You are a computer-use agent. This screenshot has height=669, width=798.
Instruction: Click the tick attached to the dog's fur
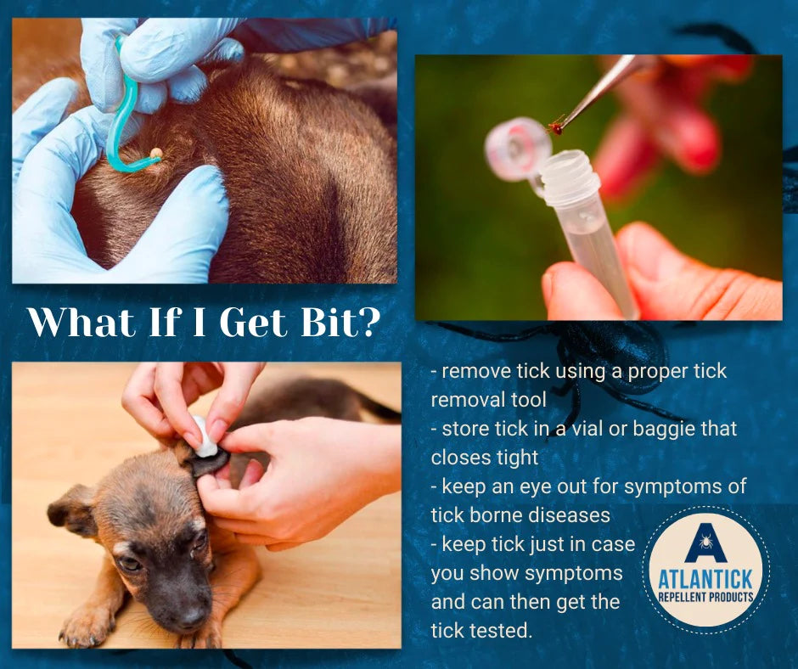pyautogui.click(x=155, y=153)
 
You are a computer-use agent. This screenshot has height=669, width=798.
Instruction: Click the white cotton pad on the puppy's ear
pyautogui.click(x=205, y=437)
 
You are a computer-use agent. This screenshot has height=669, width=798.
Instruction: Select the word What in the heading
pyautogui.click(x=82, y=322)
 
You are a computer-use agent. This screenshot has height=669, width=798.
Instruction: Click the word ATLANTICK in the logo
pyautogui.click(x=705, y=580)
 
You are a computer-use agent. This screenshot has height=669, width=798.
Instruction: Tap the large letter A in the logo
pyautogui.click(x=705, y=543)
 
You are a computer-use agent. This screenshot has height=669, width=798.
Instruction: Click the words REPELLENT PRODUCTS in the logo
pyautogui.click(x=705, y=597)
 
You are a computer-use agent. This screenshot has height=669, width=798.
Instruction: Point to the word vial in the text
pyautogui.click(x=587, y=429)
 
